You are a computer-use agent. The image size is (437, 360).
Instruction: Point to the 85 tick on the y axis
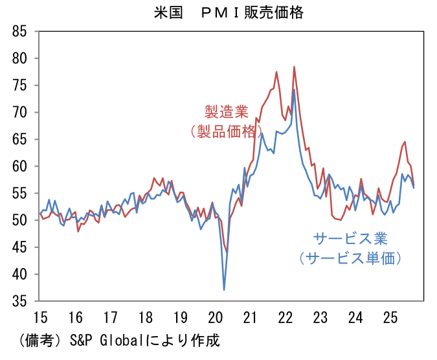(x=19, y=31)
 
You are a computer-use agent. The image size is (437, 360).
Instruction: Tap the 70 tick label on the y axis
(x=19, y=112)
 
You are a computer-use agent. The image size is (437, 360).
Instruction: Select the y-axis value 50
(x=19, y=220)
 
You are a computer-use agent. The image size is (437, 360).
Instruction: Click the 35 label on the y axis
(x=19, y=301)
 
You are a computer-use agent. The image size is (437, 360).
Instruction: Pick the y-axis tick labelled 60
(x=19, y=166)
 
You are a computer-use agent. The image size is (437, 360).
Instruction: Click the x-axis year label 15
(x=39, y=319)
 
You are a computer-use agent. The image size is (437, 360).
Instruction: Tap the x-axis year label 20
(x=215, y=319)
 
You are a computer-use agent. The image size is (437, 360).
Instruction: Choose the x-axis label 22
(x=285, y=319)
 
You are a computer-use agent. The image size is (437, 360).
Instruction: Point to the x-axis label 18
(x=145, y=319)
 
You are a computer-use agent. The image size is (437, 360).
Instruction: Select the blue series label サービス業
(x=350, y=237)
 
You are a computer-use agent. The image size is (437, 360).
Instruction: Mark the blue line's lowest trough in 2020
(x=224, y=289)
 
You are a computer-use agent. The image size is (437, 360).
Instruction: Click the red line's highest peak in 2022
(x=294, y=67)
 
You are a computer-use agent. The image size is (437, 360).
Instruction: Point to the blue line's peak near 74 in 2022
(x=294, y=89)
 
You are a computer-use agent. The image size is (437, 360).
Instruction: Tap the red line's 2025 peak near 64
(x=405, y=142)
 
